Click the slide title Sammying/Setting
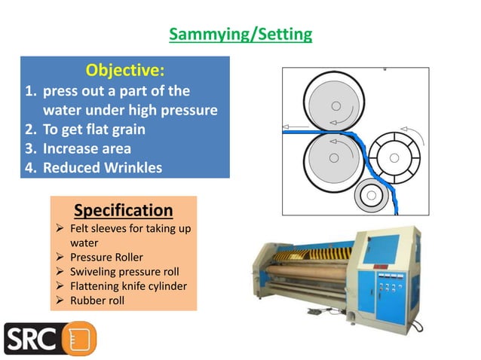pyautogui.click(x=240, y=35)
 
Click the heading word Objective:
pyautogui.click(x=125, y=72)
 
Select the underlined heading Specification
pyautogui.click(x=123, y=209)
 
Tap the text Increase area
pyautogui.click(x=87, y=148)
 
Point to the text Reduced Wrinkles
pyautogui.click(x=102, y=167)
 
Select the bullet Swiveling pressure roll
pyautogui.click(x=124, y=272)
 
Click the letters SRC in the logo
pyautogui.click(x=31, y=338)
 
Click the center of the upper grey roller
pyautogui.click(x=334, y=102)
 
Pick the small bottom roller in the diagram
pyautogui.click(x=371, y=197)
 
